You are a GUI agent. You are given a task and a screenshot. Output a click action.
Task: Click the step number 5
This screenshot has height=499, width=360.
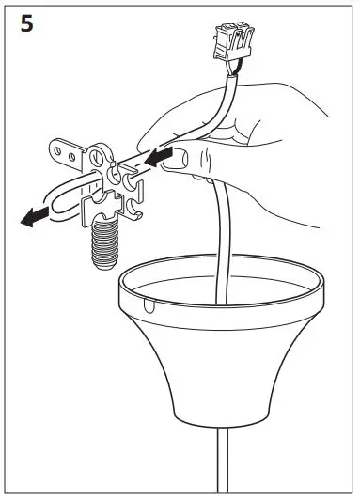(26, 25)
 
